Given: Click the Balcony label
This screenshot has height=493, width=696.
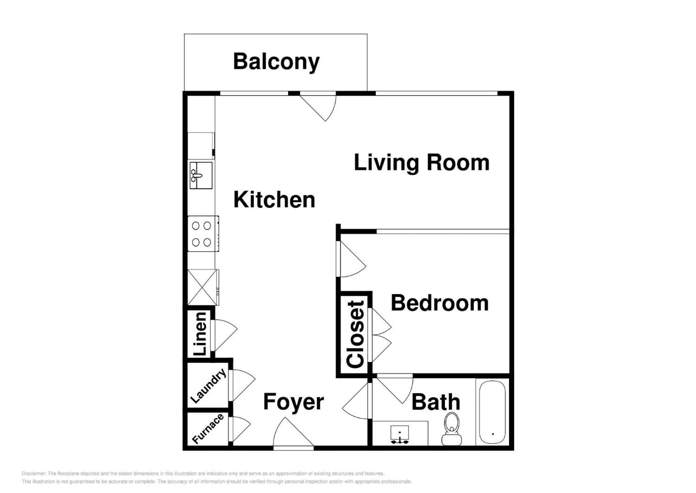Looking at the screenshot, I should click(x=276, y=62).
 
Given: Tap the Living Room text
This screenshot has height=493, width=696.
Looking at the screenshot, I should click(x=421, y=162).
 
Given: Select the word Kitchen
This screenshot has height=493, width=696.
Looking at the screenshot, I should click(x=274, y=200).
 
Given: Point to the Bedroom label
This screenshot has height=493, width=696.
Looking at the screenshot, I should click(x=440, y=303).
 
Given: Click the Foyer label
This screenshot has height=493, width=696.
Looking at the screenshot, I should click(x=293, y=402).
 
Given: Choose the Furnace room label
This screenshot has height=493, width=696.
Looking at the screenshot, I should click(x=208, y=429).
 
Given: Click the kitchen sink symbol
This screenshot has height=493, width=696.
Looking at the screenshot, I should click(x=201, y=175).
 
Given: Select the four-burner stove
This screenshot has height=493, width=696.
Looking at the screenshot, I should click(x=202, y=233).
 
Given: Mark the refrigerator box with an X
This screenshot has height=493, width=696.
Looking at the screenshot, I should click(x=202, y=287).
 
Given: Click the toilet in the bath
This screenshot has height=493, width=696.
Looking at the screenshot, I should click(x=452, y=429).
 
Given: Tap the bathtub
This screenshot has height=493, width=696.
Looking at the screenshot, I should click(x=492, y=412).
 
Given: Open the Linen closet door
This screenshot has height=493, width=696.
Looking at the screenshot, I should click(x=224, y=334).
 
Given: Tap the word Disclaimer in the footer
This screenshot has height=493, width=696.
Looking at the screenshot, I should click(x=33, y=473).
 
